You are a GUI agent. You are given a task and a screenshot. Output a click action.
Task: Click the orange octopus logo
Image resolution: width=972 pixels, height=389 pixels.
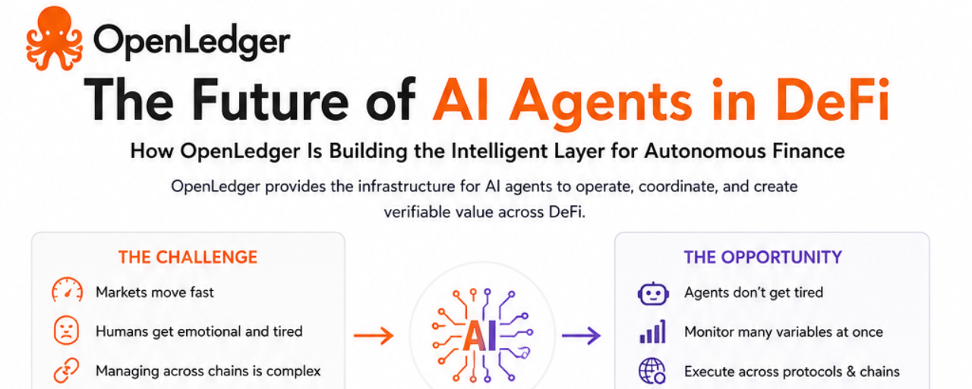(54, 38)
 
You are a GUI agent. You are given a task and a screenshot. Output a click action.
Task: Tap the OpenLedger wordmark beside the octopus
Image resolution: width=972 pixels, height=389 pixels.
(191, 42)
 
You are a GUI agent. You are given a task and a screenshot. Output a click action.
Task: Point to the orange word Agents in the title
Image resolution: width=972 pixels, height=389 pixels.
(601, 103)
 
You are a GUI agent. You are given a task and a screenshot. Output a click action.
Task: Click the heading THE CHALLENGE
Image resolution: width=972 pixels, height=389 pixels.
(188, 257)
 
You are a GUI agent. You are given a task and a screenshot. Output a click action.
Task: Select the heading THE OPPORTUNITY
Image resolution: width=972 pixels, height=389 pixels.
(763, 257)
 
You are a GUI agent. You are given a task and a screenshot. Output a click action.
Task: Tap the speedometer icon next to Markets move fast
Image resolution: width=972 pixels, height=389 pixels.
(67, 289)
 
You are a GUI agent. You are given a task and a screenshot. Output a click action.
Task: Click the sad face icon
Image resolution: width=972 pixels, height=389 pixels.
(66, 330)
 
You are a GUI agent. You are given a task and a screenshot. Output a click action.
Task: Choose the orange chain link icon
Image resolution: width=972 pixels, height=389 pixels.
(66, 370)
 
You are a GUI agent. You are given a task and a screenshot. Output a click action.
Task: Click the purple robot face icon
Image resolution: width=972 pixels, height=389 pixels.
(653, 294)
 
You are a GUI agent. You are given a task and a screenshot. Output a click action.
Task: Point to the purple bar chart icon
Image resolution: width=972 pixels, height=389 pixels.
(652, 332)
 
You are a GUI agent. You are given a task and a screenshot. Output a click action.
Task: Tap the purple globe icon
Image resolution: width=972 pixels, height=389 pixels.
(652, 372)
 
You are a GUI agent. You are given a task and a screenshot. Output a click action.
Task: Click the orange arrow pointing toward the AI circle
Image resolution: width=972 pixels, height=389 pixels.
(374, 336)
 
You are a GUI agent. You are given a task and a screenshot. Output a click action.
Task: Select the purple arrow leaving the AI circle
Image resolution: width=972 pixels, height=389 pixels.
(582, 335)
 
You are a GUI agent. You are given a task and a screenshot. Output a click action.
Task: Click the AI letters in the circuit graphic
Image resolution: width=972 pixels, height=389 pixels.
(480, 337)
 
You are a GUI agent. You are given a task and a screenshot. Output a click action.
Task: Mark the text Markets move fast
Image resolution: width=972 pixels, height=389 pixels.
(155, 293)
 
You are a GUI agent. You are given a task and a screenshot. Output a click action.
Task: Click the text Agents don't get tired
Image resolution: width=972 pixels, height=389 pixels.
(754, 293)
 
